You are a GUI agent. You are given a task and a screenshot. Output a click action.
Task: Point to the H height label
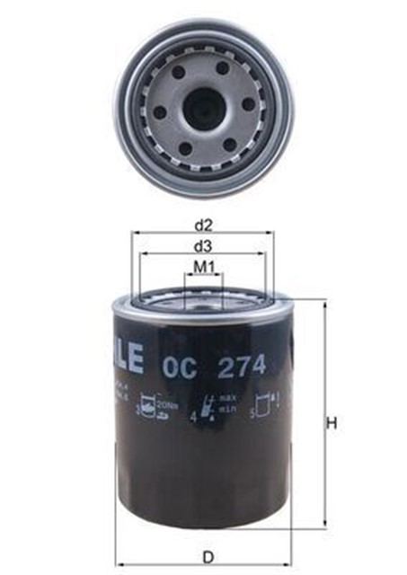[332, 423]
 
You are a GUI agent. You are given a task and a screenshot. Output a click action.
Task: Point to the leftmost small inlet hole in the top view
[161, 112]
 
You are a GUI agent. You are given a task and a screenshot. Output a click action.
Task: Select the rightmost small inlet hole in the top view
[249, 104]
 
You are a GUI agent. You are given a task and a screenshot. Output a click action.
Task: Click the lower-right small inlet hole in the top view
[230, 144]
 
